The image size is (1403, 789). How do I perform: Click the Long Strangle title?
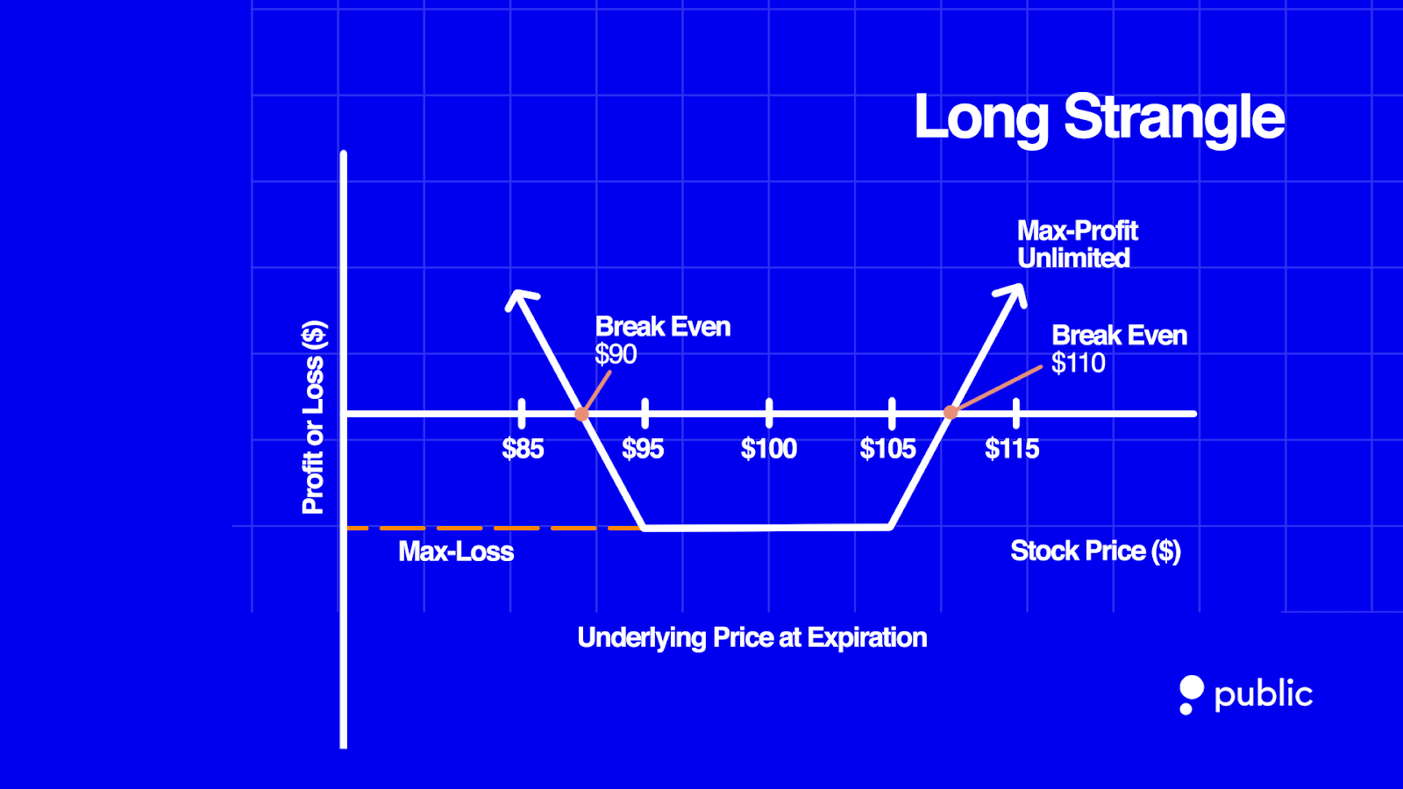click(1099, 117)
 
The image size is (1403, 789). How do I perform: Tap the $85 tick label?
click(523, 449)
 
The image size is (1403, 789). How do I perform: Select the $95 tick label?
click(643, 449)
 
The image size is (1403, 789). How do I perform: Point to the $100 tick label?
click(769, 449)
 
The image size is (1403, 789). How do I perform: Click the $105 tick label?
click(887, 449)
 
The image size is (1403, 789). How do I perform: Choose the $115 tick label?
click(1012, 449)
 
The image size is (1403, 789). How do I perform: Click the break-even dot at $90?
click(581, 414)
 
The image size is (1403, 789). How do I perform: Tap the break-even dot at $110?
click(951, 412)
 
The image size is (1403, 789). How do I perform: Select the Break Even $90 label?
click(662, 340)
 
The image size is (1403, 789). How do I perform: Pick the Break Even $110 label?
click(1119, 349)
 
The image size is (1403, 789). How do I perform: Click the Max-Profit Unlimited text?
click(1077, 245)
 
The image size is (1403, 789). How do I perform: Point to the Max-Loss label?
click(456, 551)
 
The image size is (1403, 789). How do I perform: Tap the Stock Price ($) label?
click(1095, 551)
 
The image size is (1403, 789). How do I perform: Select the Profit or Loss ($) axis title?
click(313, 417)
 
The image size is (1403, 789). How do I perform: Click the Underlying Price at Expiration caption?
click(751, 637)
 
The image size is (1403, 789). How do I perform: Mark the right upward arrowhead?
click(1014, 293)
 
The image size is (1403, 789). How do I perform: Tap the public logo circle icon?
click(1191, 688)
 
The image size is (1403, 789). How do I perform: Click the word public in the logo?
click(1263, 694)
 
